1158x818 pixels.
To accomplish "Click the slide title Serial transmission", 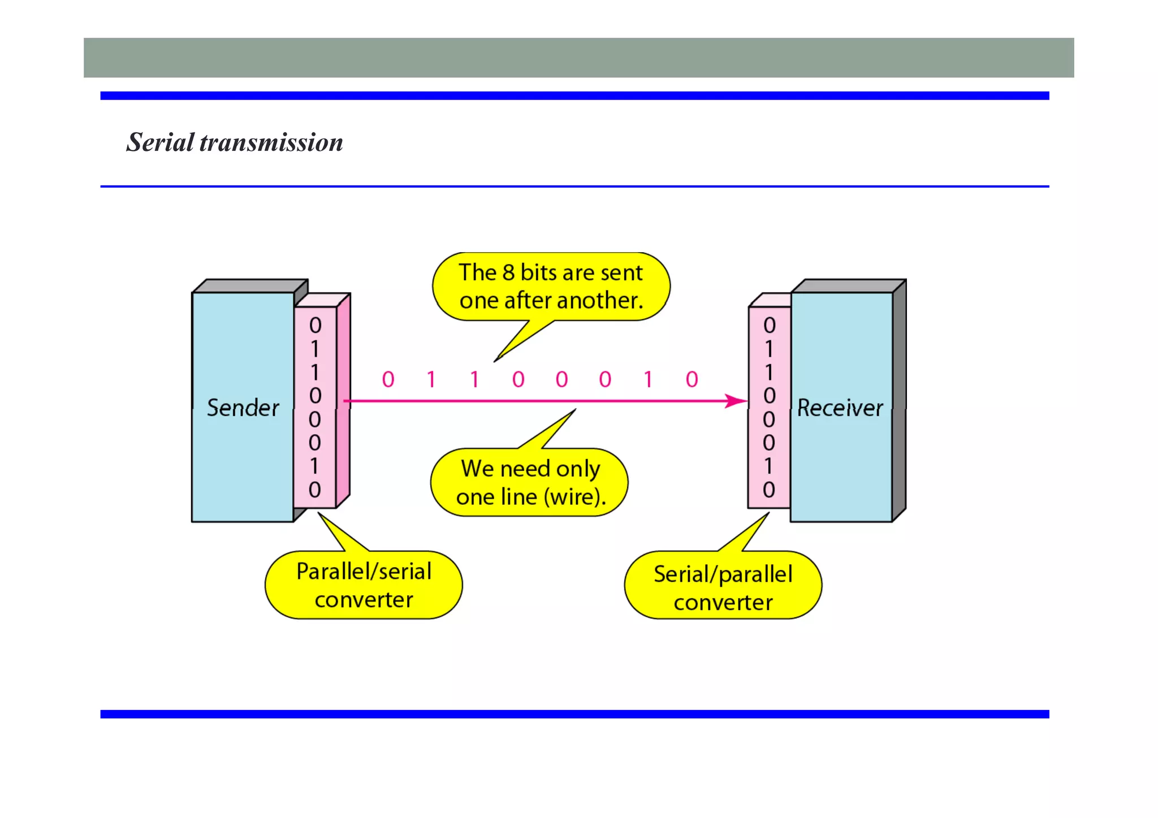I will tap(234, 142).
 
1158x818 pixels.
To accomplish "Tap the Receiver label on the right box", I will tap(840, 408).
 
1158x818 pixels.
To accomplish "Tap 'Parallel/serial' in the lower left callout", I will tap(364, 572).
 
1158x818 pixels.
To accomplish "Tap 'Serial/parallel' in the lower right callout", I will tap(723, 574).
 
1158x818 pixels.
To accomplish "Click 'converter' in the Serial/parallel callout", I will tap(723, 603).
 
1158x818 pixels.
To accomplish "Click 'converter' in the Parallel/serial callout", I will tap(364, 600).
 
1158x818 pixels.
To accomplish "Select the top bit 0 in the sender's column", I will tap(315, 326).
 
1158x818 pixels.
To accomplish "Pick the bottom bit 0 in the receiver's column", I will tap(769, 490).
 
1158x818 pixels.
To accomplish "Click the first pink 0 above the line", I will tap(388, 380).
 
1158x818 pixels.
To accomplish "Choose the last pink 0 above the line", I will tap(692, 380).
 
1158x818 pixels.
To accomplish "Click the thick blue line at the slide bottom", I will tap(574, 714).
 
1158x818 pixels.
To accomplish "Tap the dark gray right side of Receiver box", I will tap(899, 401).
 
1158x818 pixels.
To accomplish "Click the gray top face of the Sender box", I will tap(249, 286).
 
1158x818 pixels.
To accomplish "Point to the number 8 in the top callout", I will tap(508, 273).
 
